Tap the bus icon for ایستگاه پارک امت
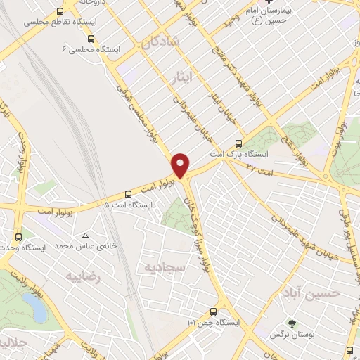[x=241, y=143]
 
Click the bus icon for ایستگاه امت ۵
[x=128, y=195]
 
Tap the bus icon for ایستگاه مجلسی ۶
[x=96, y=39]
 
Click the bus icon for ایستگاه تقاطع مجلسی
[x=60, y=12]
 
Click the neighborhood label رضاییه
[x=84, y=276]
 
